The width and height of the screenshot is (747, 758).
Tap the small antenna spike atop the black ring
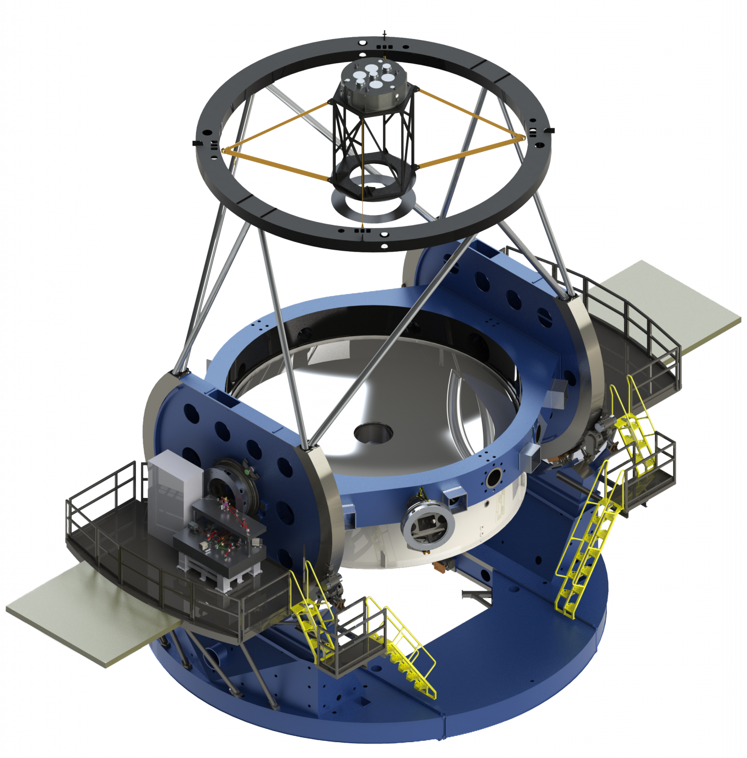pyautogui.click(x=384, y=35)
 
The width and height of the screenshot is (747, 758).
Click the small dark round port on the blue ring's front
pyautogui.click(x=493, y=477)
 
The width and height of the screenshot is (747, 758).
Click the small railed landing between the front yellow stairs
pyautogui.click(x=351, y=637)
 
